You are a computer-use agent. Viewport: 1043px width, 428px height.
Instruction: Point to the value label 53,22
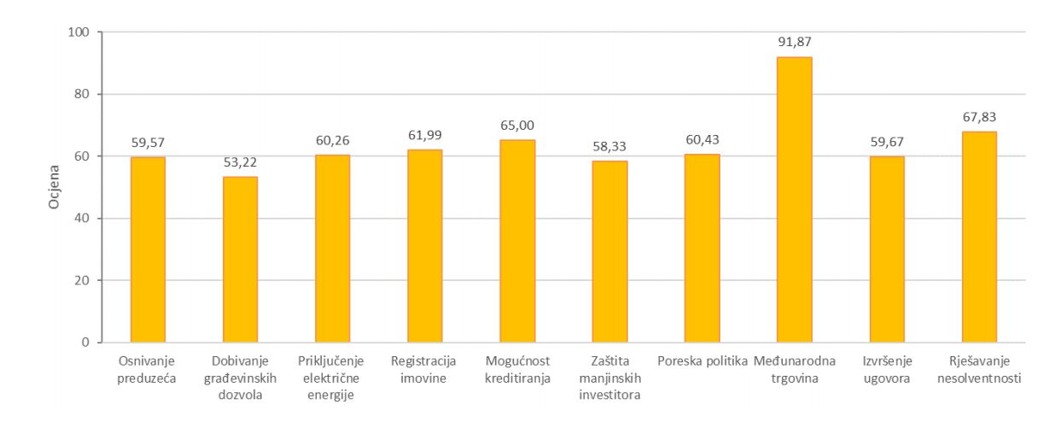[x=240, y=161]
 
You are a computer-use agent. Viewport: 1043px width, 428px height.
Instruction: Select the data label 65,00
[x=517, y=125]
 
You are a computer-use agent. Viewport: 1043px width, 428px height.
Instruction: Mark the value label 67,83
[x=979, y=116]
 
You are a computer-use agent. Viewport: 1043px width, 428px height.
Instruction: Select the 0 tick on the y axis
[x=88, y=343]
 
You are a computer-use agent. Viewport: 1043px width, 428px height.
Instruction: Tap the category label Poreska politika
[x=702, y=361]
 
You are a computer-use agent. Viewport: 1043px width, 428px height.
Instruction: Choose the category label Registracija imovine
[x=425, y=368]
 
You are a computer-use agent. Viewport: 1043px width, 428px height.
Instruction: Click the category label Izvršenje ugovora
[x=887, y=368]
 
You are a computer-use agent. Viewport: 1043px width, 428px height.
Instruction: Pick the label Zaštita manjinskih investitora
[x=609, y=377]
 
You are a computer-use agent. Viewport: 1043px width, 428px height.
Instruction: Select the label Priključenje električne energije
[x=332, y=377]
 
